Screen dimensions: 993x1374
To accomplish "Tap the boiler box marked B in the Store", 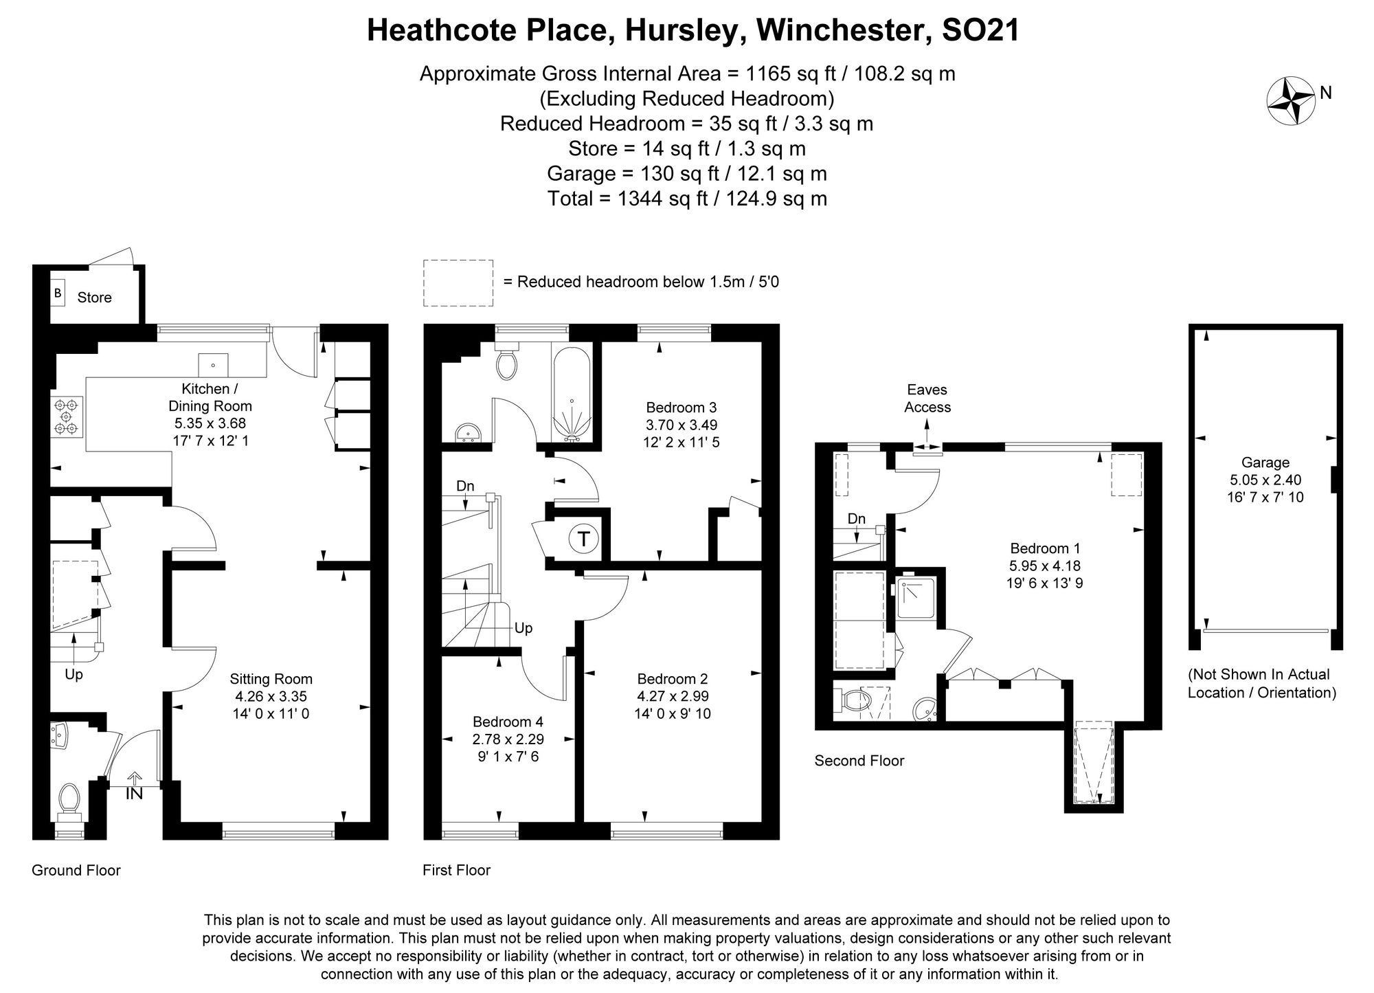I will (x=58, y=294).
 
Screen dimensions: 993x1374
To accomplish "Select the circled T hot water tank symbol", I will (x=584, y=539).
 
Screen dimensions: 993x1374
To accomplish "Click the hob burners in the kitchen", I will (x=67, y=417).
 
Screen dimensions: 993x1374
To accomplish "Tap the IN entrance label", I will (x=135, y=793).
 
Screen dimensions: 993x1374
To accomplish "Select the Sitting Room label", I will (x=271, y=679).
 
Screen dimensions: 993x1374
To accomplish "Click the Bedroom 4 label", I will (x=508, y=722).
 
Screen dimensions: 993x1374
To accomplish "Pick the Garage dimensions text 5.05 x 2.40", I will (x=1265, y=480).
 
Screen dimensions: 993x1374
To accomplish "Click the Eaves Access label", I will (x=927, y=399).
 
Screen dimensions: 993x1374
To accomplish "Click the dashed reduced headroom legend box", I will (x=458, y=282).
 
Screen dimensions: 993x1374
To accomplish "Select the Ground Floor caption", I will (x=76, y=870).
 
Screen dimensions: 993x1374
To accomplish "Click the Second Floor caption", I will (x=859, y=761).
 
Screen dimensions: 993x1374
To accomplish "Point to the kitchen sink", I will (x=214, y=364).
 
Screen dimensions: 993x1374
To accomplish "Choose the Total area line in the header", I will (x=687, y=199).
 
